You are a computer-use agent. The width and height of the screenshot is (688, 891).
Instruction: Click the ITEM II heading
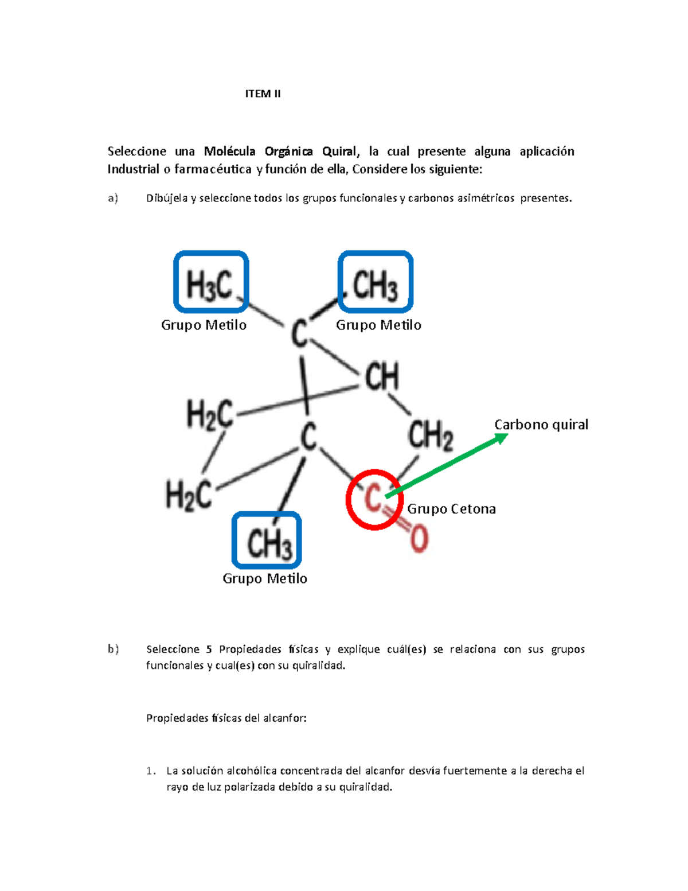click(263, 94)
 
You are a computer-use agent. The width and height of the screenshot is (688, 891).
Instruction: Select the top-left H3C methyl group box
click(211, 282)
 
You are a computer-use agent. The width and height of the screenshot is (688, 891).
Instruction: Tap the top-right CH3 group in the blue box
click(376, 282)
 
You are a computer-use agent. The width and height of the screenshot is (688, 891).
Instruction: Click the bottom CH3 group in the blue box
click(267, 541)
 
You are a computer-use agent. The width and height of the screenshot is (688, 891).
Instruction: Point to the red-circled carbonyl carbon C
click(373, 498)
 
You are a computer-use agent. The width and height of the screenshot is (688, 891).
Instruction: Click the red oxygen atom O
click(419, 539)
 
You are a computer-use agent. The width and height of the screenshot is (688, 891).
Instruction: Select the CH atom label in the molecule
click(382, 377)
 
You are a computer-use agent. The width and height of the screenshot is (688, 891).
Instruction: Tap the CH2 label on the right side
click(431, 434)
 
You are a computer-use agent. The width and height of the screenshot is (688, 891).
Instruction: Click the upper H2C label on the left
click(210, 414)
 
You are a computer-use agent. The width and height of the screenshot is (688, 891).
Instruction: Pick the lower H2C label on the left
click(189, 495)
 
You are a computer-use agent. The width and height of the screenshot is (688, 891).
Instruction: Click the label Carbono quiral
click(541, 425)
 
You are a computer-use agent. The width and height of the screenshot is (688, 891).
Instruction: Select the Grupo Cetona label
click(451, 509)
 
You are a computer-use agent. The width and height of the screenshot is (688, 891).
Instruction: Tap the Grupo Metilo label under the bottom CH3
click(265, 578)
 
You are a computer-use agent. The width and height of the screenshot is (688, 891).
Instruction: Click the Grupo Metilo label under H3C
click(204, 325)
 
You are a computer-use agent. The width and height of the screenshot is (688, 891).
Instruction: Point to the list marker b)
click(113, 649)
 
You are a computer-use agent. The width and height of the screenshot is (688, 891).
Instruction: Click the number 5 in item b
click(209, 649)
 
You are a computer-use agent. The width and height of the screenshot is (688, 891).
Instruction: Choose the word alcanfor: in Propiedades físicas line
click(284, 718)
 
